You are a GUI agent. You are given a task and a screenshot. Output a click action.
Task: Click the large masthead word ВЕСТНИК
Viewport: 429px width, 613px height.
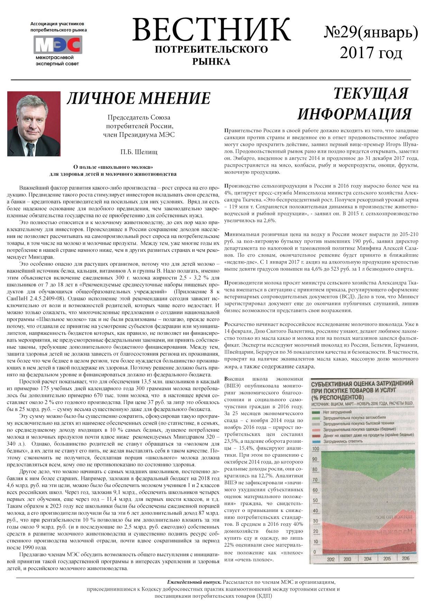pos(211,30)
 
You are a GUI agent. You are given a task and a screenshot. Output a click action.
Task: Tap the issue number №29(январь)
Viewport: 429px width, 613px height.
pos(371,33)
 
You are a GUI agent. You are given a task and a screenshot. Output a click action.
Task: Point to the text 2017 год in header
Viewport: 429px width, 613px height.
pos(371,53)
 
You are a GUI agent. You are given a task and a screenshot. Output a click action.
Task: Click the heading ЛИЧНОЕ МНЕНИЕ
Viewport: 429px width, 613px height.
pos(138,98)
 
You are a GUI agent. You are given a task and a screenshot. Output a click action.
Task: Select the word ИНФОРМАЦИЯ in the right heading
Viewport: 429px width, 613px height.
pos(355,114)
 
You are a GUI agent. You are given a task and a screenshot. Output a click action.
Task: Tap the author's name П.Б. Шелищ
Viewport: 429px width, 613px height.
pos(139,152)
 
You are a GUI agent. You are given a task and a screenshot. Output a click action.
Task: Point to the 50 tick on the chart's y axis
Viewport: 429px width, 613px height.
pos(315,501)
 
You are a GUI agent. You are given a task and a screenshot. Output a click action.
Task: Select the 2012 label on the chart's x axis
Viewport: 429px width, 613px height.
pos(331,559)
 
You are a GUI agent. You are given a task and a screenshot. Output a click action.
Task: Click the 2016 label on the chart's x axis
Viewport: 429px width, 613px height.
pos(405,558)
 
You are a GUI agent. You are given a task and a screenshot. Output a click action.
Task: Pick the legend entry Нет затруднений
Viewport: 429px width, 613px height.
pos(337,412)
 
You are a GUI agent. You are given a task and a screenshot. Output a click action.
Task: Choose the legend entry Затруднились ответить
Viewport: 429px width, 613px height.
pos(343,441)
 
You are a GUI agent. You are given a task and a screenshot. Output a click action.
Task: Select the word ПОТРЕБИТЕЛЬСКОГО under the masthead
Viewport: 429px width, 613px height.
pos(211,49)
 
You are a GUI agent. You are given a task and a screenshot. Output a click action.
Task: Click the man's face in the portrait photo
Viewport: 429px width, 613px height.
pos(31,119)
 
